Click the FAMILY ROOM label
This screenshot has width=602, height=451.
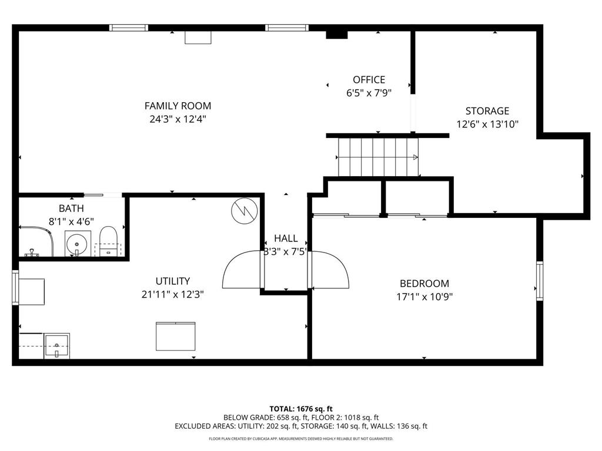point(178,106)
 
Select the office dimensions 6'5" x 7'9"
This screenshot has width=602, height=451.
point(369,93)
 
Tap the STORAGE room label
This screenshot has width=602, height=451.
point(487,110)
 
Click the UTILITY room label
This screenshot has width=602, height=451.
point(172,281)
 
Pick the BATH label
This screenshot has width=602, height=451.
point(71,208)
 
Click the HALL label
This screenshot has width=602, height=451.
point(286,238)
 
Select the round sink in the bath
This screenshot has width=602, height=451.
point(76,244)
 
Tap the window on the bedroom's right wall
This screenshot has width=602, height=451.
point(539,281)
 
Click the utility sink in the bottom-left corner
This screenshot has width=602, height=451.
point(56,346)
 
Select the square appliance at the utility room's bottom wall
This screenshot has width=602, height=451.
point(175,336)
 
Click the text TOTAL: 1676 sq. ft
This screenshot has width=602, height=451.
point(301,409)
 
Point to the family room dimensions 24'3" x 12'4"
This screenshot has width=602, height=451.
point(178,119)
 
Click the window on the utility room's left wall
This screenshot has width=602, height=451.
point(16,288)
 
